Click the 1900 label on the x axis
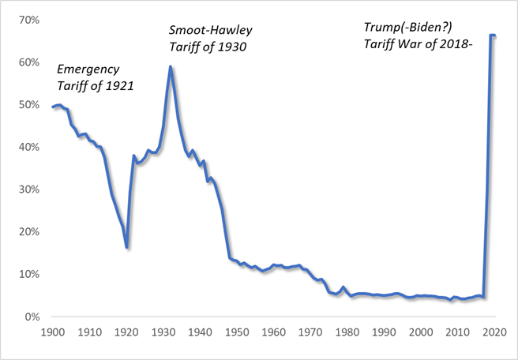coord(53,332)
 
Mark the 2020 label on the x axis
coord(494,332)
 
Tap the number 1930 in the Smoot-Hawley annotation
coord(232,47)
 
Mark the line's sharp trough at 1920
coord(126,247)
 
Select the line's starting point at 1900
coord(53,107)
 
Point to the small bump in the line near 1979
coord(343,287)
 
